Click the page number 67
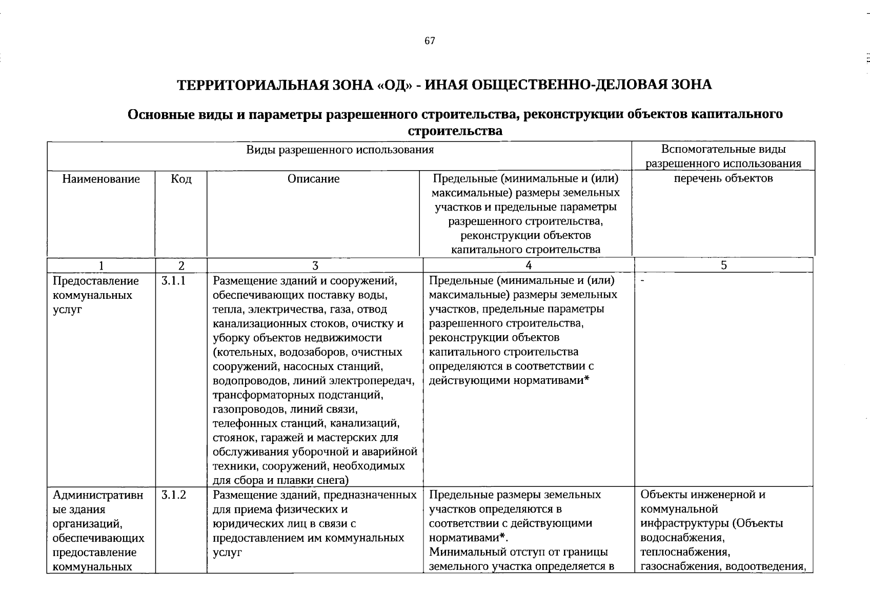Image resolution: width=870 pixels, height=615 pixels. click(x=430, y=42)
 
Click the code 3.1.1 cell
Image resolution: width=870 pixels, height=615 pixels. click(x=173, y=281)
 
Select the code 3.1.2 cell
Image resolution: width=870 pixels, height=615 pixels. click(x=173, y=495)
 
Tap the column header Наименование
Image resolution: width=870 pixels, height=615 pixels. click(x=101, y=179)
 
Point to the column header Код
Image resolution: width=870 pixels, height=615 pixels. click(x=181, y=179)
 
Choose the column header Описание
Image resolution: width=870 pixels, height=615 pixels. click(x=313, y=179)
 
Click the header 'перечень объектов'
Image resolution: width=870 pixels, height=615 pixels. click(x=723, y=178)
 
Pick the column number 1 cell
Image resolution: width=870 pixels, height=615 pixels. click(x=101, y=265)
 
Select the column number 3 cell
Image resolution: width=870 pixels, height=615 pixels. click(x=315, y=265)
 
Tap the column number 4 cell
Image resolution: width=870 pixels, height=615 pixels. click(x=529, y=265)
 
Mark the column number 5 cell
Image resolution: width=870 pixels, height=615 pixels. click(x=723, y=265)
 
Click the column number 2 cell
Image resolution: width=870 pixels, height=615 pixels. click(x=181, y=265)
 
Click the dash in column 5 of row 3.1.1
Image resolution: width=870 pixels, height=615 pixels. click(x=643, y=281)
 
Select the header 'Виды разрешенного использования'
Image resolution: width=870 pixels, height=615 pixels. click(x=340, y=150)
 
